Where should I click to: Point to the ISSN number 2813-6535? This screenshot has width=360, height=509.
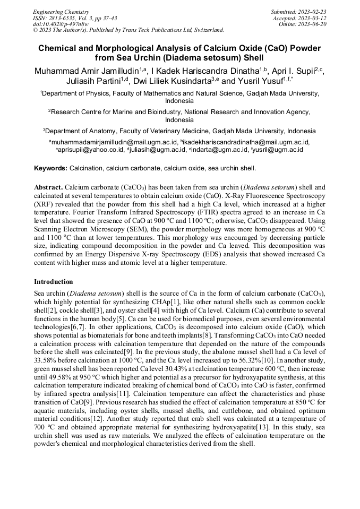65,18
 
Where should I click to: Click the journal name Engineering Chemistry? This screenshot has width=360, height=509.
61,12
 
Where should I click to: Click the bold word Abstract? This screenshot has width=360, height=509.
48,188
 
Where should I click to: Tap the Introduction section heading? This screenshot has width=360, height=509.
54,282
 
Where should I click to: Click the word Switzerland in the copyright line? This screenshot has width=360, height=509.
204,30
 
